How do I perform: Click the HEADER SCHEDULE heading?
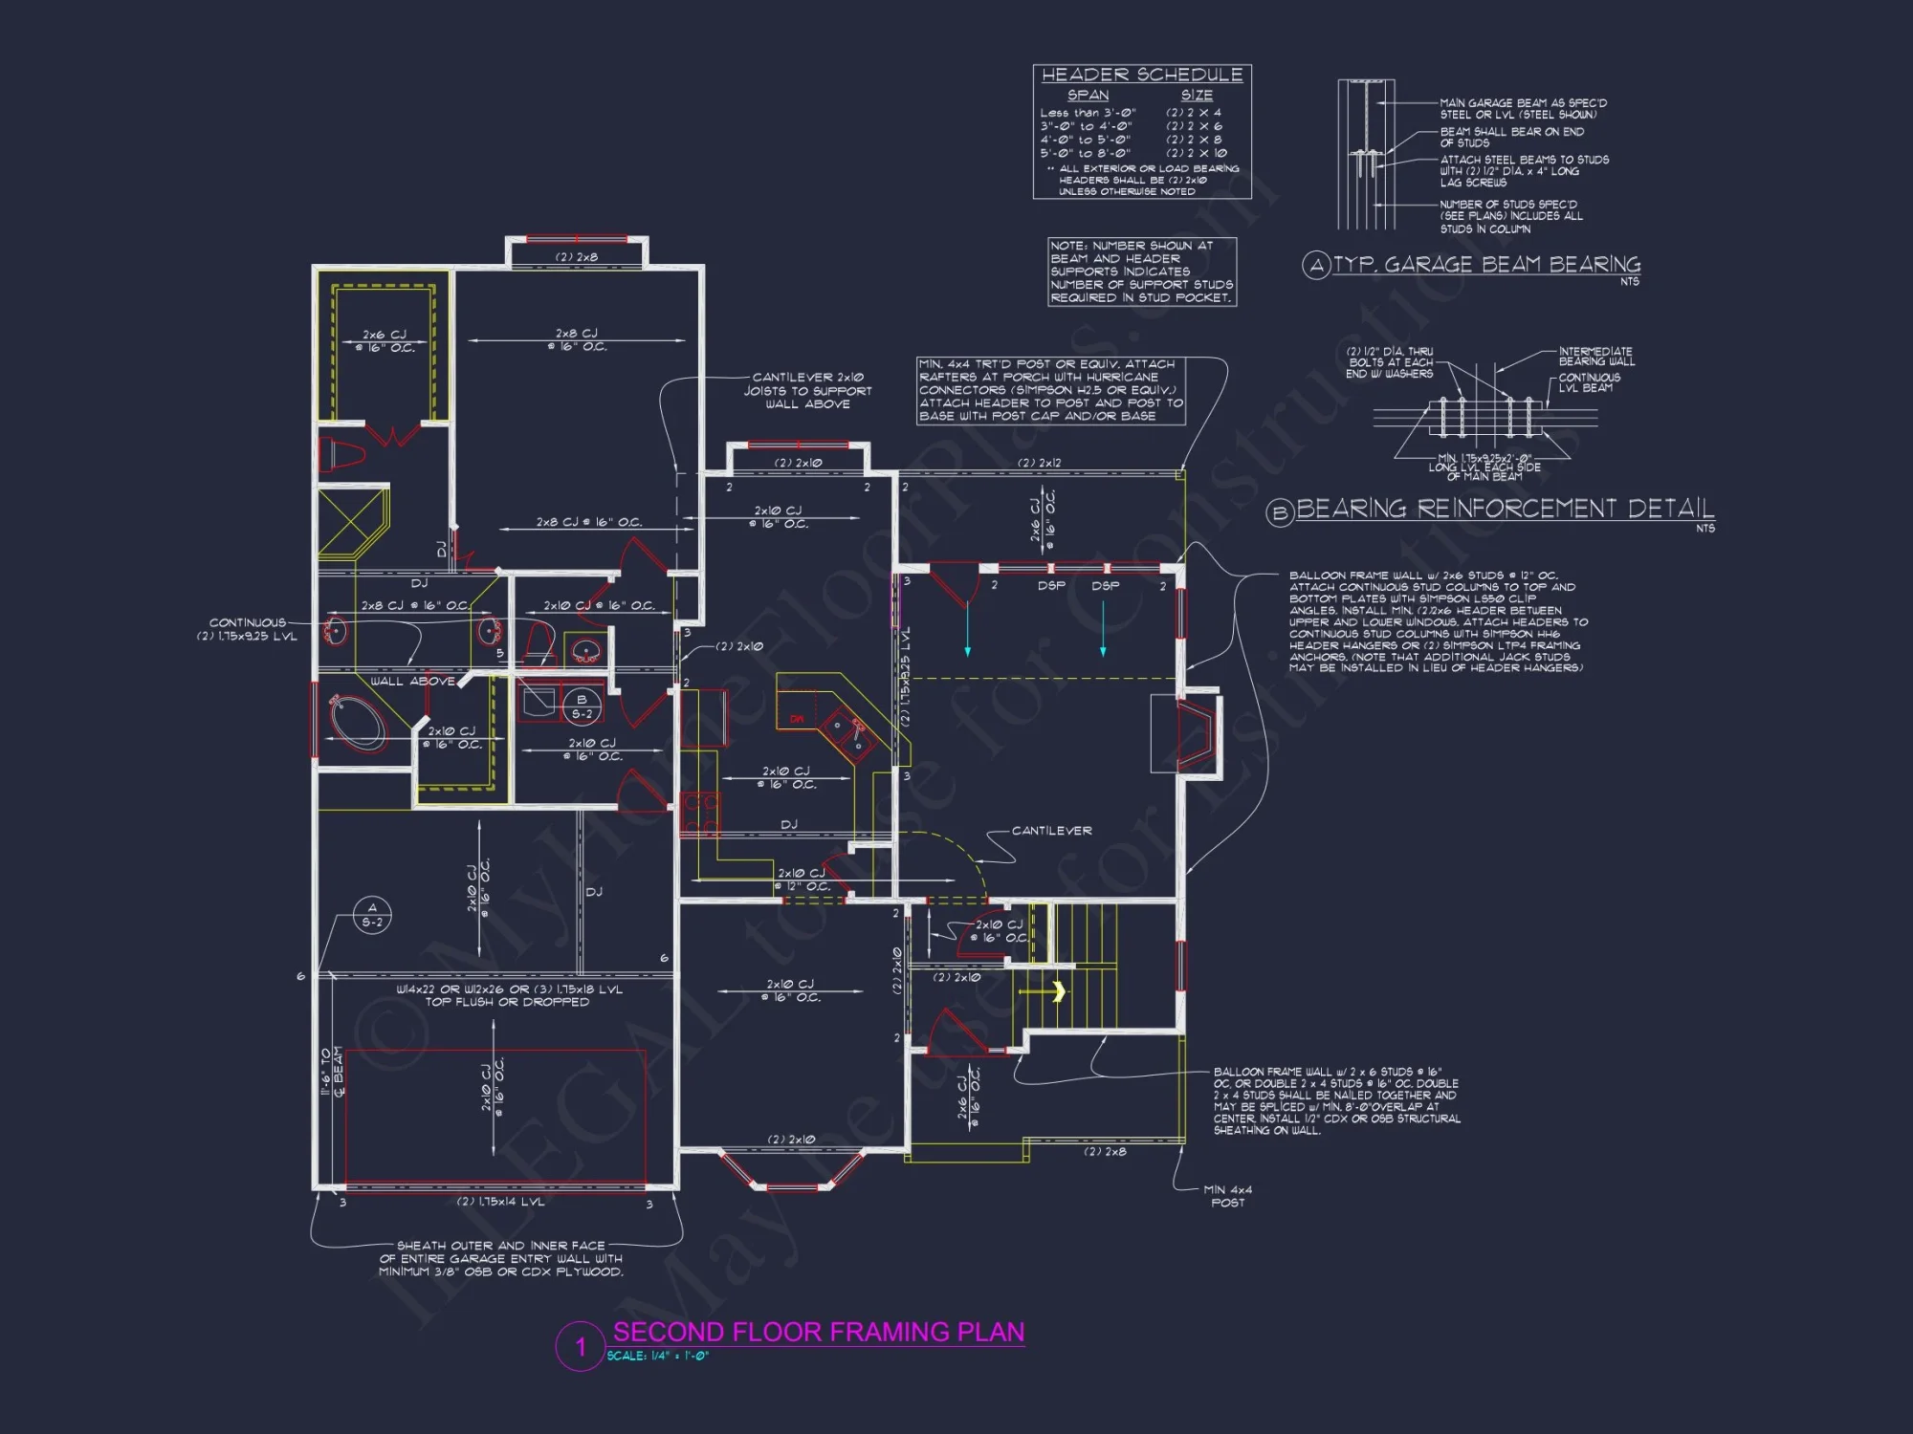(1142, 75)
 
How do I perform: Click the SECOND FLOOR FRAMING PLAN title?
(818, 1332)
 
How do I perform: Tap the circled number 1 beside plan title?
(580, 1347)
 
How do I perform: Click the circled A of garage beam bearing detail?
(1316, 265)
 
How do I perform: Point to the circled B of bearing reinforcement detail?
(1280, 513)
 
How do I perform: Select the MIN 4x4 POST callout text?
(1227, 1196)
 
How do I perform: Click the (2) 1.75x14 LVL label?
(500, 1202)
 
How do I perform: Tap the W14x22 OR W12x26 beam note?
(509, 995)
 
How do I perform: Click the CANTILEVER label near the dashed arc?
(1051, 831)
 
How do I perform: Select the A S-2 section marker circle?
(372, 915)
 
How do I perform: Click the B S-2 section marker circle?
(582, 706)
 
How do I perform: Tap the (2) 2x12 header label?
(1039, 463)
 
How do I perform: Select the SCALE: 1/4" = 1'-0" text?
(658, 1356)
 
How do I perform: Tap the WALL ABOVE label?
(412, 682)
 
